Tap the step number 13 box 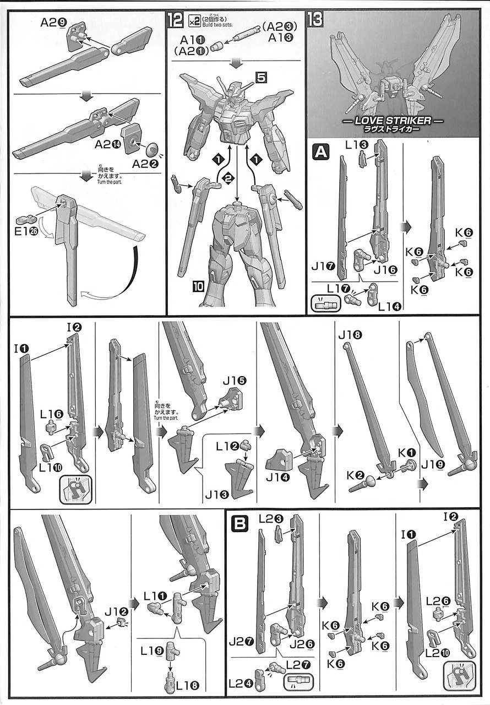click(x=315, y=21)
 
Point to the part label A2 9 click(x=53, y=24)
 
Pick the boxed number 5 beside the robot click(x=260, y=77)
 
